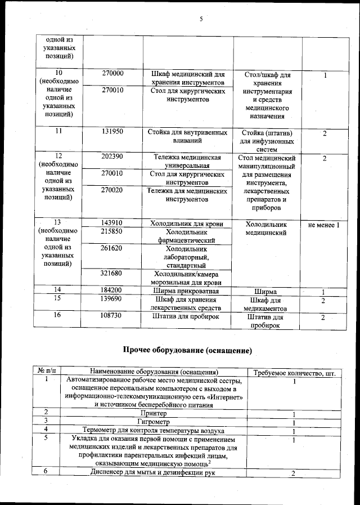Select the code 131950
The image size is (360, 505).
(x=113, y=132)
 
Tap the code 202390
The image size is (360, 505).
(x=113, y=157)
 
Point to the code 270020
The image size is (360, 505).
(x=113, y=191)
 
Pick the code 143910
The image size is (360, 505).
(x=113, y=224)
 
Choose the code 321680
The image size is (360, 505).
(x=113, y=274)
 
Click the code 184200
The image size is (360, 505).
(x=113, y=291)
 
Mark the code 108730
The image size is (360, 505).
(x=113, y=317)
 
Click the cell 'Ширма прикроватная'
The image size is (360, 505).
(x=188, y=291)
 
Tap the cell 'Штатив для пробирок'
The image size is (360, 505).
(x=188, y=318)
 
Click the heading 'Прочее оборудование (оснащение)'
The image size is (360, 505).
(x=187, y=351)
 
